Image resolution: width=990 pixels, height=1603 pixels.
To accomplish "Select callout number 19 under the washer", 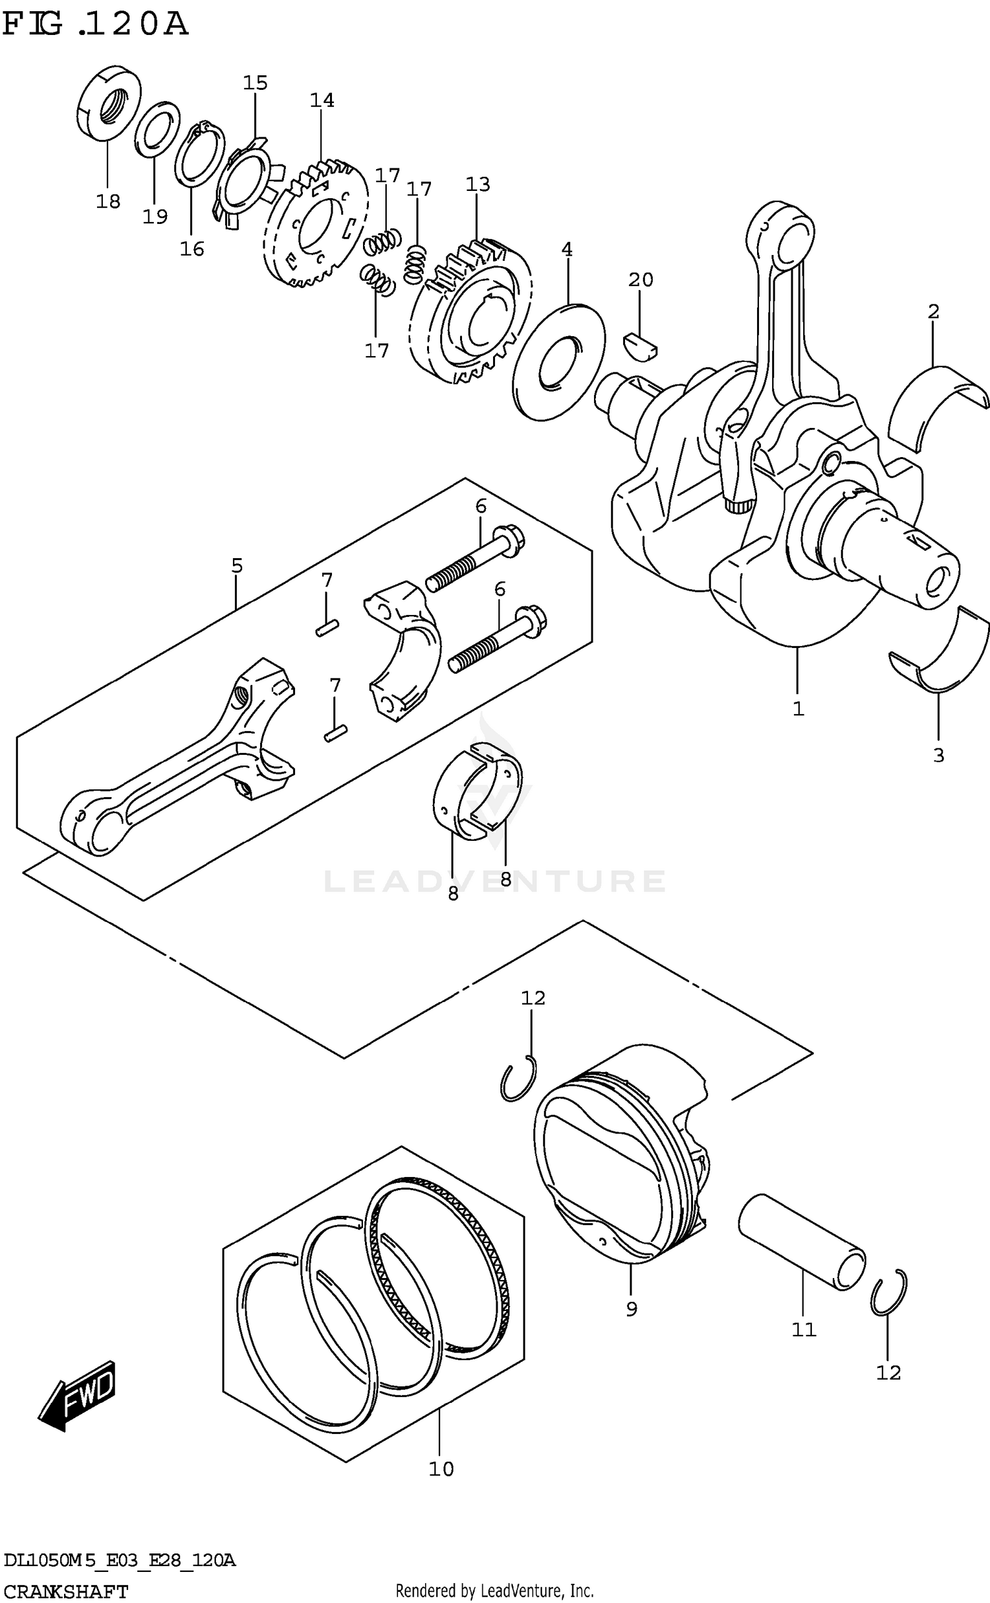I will pyautogui.click(x=155, y=217).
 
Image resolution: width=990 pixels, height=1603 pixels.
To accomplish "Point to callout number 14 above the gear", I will pyautogui.click(x=322, y=100).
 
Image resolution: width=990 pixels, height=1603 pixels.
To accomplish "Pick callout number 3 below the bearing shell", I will pyautogui.click(x=939, y=755).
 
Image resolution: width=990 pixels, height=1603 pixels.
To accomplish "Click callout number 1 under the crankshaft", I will pyautogui.click(x=798, y=709).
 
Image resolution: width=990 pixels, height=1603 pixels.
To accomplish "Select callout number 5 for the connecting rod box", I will pyautogui.click(x=237, y=565).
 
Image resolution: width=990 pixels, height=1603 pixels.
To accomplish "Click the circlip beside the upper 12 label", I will pyautogui.click(x=519, y=1079).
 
